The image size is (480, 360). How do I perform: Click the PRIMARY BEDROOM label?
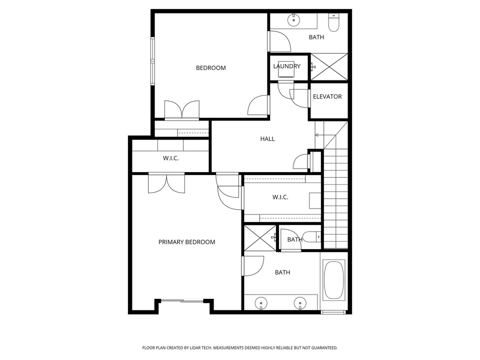(x=186, y=242)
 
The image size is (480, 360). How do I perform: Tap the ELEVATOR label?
(x=327, y=96)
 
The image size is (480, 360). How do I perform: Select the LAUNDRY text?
(x=286, y=66)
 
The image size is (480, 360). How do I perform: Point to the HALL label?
(x=267, y=139)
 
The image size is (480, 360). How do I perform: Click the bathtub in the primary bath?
(x=333, y=280)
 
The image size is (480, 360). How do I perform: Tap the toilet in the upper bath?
(x=333, y=22)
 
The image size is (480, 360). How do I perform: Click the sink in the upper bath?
(x=293, y=21)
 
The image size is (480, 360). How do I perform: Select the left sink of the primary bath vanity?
(x=260, y=302)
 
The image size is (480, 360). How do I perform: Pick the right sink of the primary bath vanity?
(x=300, y=302)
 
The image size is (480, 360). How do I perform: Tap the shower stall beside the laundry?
(x=328, y=66)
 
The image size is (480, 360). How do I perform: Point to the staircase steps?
(x=335, y=200)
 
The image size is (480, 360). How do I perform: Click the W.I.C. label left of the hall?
(x=170, y=158)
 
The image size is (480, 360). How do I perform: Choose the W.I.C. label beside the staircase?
(x=280, y=197)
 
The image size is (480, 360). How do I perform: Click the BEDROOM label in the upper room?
(x=210, y=68)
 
